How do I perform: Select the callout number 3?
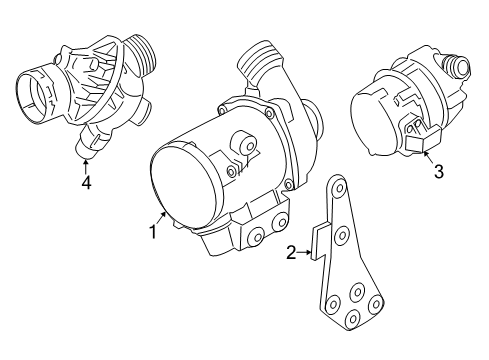437,171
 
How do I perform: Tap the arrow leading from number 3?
428,155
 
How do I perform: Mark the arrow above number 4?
87,164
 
